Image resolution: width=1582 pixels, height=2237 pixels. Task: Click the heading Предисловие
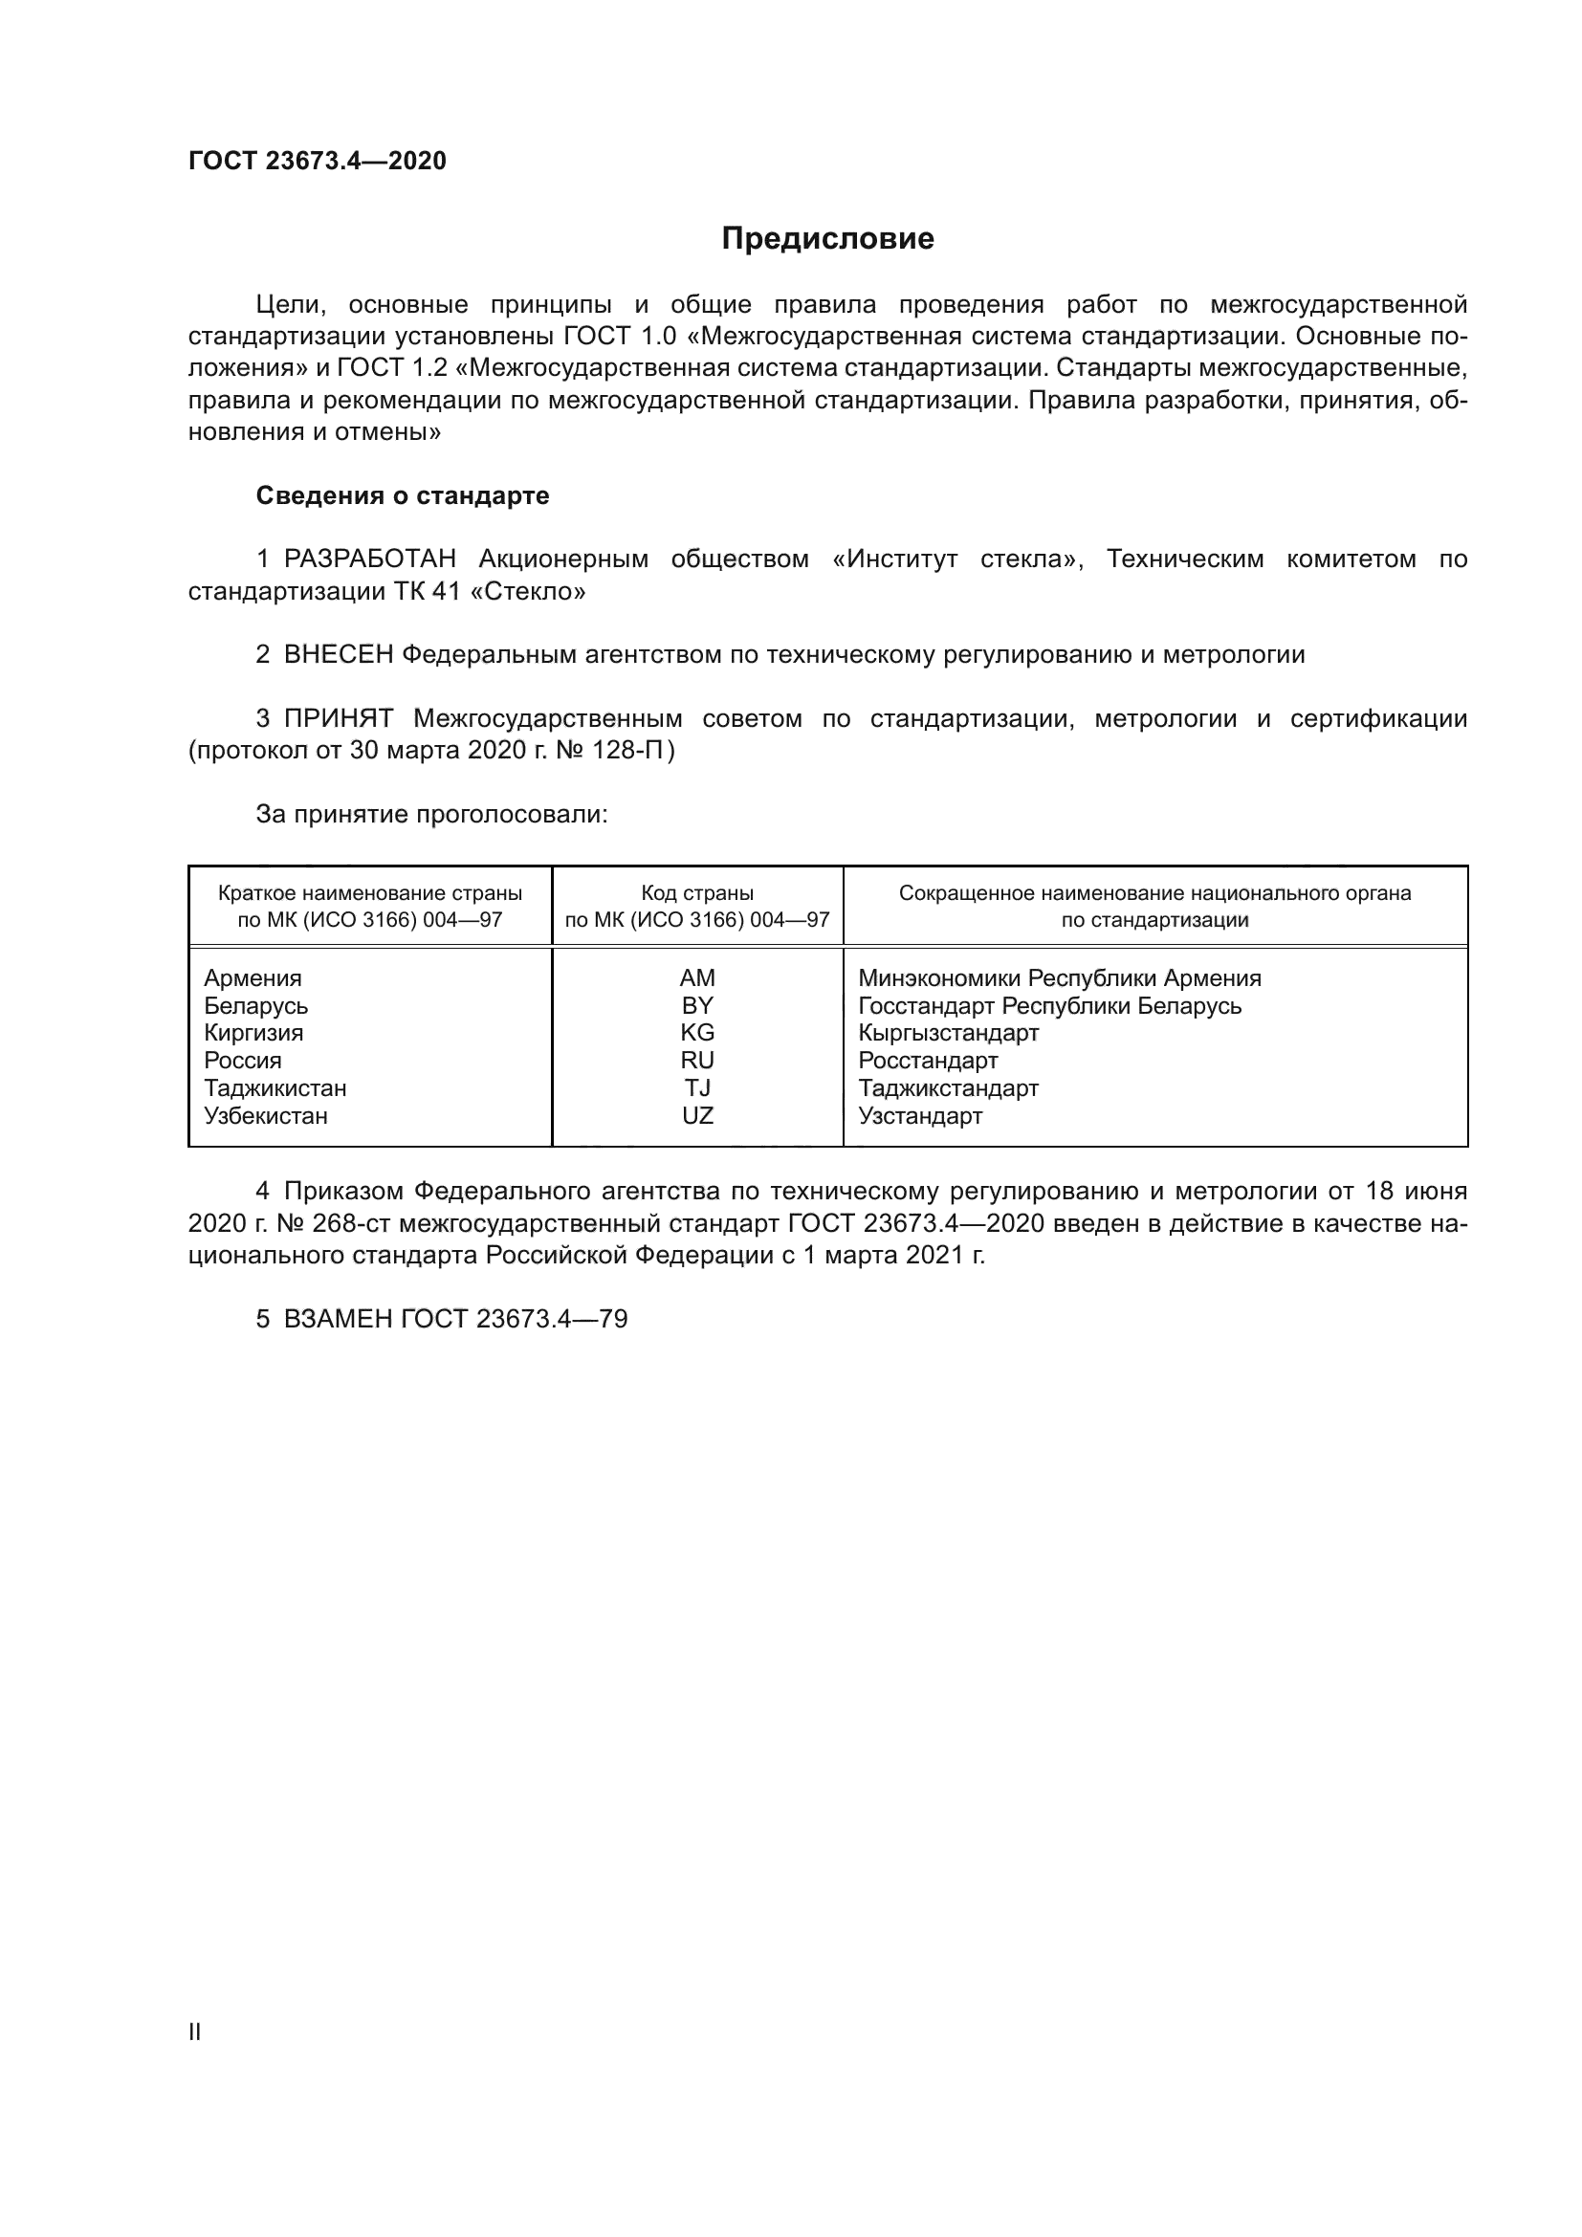coord(827,239)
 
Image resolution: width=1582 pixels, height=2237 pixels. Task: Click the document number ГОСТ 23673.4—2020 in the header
coord(317,161)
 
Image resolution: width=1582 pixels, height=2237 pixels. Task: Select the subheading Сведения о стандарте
coord(403,496)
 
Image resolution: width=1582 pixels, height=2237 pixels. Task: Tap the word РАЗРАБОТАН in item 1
coord(369,559)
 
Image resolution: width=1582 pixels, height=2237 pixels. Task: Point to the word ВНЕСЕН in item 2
coord(338,655)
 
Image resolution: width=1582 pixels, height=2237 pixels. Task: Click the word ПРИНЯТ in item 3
coord(338,719)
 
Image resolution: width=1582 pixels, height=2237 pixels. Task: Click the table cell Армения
coord(253,978)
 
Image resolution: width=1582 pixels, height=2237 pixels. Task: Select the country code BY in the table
coord(697,1005)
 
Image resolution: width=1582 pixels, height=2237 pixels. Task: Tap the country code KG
coord(697,1033)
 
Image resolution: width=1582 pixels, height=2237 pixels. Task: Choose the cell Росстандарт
coord(928,1060)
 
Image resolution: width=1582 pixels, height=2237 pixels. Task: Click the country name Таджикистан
coord(275,1088)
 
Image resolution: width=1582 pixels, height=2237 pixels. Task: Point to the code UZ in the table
coord(697,1115)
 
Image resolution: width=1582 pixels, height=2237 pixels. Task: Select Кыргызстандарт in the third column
coord(948,1033)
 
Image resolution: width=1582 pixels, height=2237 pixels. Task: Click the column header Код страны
coord(697,893)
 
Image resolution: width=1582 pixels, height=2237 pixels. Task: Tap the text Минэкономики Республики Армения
coord(1059,978)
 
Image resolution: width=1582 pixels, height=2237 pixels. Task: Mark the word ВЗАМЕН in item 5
coord(338,1319)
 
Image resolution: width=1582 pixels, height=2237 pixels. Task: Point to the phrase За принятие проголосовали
coord(431,815)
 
